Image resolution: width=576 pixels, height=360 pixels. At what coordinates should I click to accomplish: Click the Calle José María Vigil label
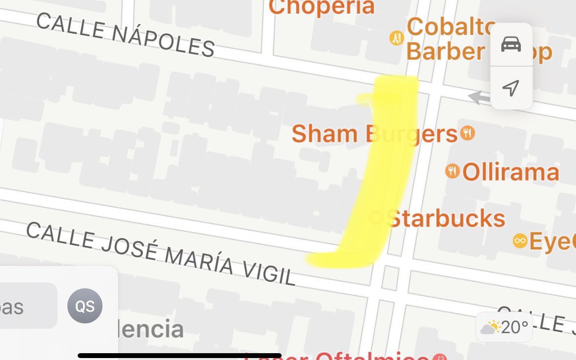coord(161,254)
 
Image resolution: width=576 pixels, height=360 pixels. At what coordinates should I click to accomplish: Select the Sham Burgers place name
coord(374,134)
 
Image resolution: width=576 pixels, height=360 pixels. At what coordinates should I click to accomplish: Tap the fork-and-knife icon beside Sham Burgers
coord(467,133)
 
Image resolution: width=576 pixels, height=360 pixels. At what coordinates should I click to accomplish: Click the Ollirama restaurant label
coord(510,172)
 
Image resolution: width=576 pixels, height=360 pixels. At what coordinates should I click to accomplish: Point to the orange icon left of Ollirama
coord(453,171)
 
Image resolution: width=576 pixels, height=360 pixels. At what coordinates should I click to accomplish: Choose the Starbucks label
coord(445,218)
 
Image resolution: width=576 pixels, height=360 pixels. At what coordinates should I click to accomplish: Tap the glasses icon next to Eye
coord(520,240)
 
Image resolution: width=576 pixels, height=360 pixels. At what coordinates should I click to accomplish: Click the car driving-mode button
coord(511,44)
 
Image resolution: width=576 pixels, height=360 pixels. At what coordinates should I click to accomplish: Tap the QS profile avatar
coord(85,306)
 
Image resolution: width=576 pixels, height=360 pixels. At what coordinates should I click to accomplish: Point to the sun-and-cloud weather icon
coord(490,327)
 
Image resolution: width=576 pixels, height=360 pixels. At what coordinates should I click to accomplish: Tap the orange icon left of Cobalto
coord(396,38)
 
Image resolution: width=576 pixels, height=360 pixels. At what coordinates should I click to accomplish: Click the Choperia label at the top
coord(321,7)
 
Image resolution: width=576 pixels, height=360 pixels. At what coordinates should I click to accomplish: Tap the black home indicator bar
coord(180,356)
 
